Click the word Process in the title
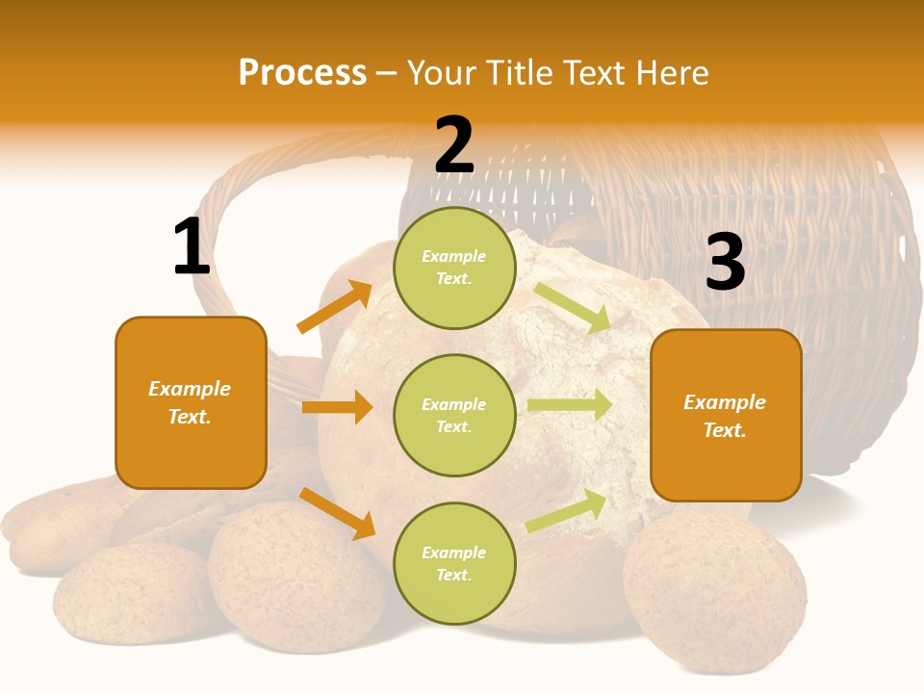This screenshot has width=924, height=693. [x=302, y=72]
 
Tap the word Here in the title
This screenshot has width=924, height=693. [x=673, y=72]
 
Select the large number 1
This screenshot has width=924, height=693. [x=192, y=248]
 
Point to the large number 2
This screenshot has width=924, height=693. [x=454, y=146]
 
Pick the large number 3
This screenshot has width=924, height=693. [x=725, y=263]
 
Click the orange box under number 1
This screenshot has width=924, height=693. [x=191, y=402]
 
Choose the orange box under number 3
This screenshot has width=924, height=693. [x=726, y=416]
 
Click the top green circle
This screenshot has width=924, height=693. [x=454, y=268]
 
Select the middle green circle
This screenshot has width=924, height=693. [x=454, y=415]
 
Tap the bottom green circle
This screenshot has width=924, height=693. [x=454, y=563]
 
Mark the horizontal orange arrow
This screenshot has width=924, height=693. [x=337, y=407]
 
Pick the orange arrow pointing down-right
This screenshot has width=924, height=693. [x=337, y=513]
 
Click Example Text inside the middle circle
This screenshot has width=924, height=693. [x=454, y=415]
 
